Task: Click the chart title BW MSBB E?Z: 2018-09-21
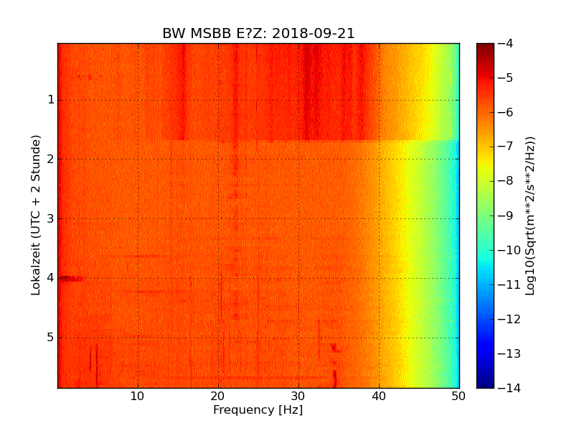point(258,33)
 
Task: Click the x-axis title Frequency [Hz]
point(258,410)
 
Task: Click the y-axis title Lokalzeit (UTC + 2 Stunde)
point(35,215)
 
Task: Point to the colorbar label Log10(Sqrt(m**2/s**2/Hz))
point(531,215)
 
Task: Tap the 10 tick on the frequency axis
point(138,396)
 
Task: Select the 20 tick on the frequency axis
point(218,396)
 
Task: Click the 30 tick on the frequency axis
point(298,396)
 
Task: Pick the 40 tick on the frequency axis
point(379,396)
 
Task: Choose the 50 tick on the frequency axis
point(459,396)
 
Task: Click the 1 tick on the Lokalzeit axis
point(50,100)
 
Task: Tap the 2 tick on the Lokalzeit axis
point(50,159)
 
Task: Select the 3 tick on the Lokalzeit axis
point(50,218)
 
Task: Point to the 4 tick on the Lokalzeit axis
point(50,278)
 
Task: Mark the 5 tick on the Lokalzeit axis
point(50,337)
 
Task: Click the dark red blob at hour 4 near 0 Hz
point(70,278)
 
